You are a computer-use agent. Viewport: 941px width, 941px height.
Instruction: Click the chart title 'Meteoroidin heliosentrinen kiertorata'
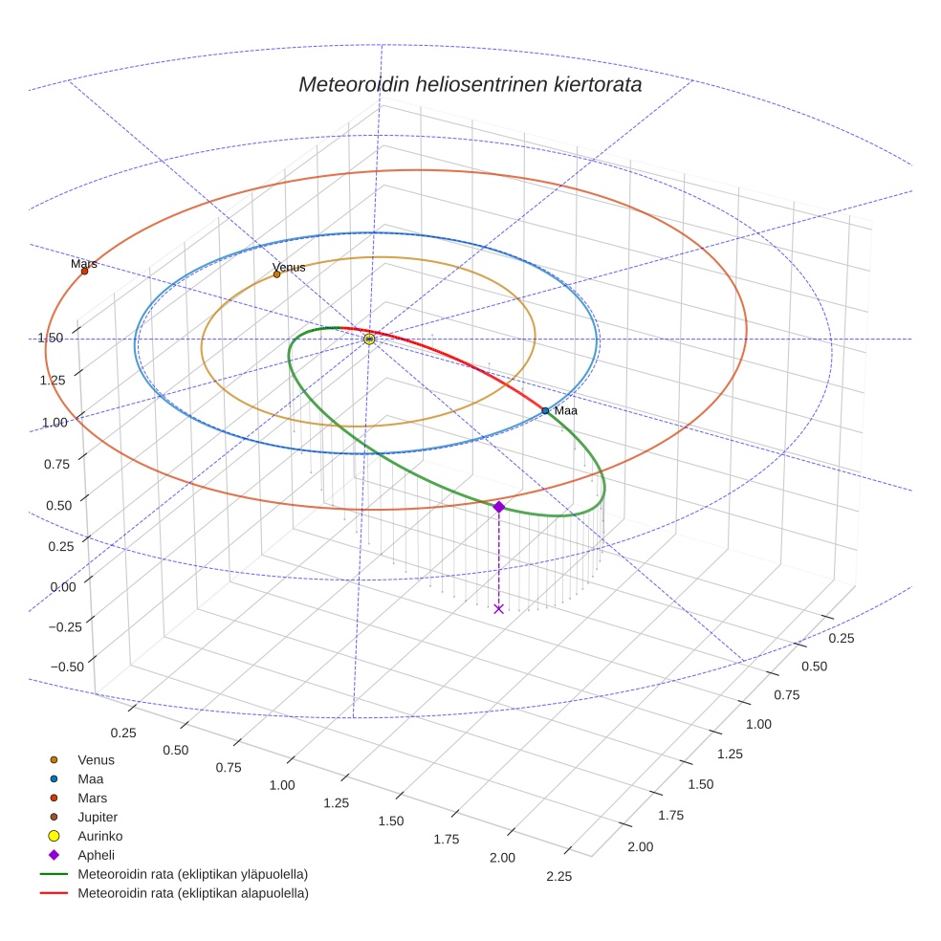[x=470, y=84]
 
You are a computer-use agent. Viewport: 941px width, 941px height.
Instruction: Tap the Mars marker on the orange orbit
[x=84, y=271]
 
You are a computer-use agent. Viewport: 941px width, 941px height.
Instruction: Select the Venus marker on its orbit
[x=277, y=274]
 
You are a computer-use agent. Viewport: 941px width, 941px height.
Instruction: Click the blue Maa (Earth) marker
[x=545, y=410]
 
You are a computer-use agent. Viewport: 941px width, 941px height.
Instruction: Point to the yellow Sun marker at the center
[x=369, y=339]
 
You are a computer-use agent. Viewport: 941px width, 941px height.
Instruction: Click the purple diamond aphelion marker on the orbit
[x=498, y=507]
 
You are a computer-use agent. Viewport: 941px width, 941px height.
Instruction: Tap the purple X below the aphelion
[x=498, y=608]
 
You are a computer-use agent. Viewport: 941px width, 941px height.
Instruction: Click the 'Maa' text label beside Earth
[x=566, y=410]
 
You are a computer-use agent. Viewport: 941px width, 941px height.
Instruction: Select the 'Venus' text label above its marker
[x=289, y=267]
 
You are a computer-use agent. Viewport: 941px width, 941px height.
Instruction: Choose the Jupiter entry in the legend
[x=97, y=817]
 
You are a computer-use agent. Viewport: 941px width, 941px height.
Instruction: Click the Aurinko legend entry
[x=99, y=836]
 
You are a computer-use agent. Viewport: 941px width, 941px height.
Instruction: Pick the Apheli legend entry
[x=96, y=855]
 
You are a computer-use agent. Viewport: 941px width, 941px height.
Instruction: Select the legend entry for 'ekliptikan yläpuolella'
[x=192, y=874]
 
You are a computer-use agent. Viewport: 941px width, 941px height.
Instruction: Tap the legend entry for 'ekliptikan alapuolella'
[x=192, y=893]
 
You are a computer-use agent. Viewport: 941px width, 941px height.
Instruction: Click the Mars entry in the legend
[x=92, y=798]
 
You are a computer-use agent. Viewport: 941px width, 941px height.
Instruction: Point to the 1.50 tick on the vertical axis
[x=50, y=338]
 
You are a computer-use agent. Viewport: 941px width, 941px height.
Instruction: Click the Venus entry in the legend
[x=96, y=759]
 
